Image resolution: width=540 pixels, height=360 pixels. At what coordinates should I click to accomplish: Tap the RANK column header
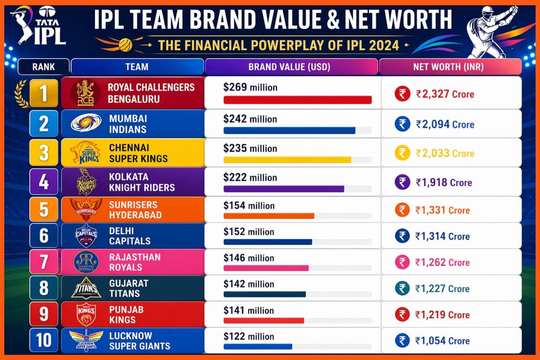point(44,67)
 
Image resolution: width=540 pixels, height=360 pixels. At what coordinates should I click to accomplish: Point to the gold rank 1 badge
point(44,93)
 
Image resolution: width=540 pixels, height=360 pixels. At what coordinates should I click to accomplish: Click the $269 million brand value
point(250,87)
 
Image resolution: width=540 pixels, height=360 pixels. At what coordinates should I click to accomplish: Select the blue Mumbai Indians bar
point(289,130)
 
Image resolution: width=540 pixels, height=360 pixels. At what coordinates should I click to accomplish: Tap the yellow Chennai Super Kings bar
point(287,160)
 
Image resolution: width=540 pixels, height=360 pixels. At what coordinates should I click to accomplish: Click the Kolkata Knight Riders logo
point(84,181)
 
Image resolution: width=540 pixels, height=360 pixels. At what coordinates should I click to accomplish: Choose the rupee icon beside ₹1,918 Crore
point(402,182)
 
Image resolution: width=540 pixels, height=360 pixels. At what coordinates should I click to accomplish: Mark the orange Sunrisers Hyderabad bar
point(269,216)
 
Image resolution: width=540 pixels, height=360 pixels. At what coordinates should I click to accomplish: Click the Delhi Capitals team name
point(130,236)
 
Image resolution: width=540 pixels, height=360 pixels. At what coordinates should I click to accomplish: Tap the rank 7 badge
point(44,262)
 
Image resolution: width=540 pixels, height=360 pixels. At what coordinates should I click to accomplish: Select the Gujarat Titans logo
point(84,288)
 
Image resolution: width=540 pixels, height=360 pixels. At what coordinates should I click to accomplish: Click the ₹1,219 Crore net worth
point(442,315)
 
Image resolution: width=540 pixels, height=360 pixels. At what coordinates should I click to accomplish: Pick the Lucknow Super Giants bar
point(258,346)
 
